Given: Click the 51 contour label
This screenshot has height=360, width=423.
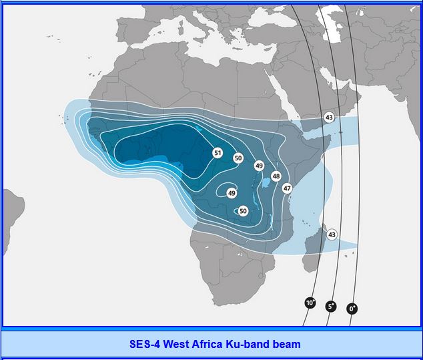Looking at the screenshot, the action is (x=218, y=153).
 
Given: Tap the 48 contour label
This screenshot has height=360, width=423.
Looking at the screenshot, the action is (x=276, y=176).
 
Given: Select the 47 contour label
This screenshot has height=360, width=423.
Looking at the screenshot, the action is (x=287, y=188).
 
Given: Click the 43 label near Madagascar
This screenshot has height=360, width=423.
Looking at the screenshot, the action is (x=332, y=234).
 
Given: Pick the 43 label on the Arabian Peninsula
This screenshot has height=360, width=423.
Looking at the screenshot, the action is (x=329, y=118).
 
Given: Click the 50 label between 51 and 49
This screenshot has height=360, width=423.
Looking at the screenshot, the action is (x=238, y=158).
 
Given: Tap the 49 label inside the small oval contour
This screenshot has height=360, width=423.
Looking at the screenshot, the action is (x=232, y=193).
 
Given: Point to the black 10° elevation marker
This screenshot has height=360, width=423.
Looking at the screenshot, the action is (x=310, y=303).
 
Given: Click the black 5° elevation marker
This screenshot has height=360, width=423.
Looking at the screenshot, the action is (x=331, y=307).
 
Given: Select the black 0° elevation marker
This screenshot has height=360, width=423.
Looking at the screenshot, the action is (x=352, y=309).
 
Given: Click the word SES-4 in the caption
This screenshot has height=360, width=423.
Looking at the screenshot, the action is (x=145, y=344).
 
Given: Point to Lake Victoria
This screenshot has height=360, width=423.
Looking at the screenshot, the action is (x=266, y=182).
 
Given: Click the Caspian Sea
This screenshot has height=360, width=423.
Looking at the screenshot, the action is (x=332, y=25).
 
